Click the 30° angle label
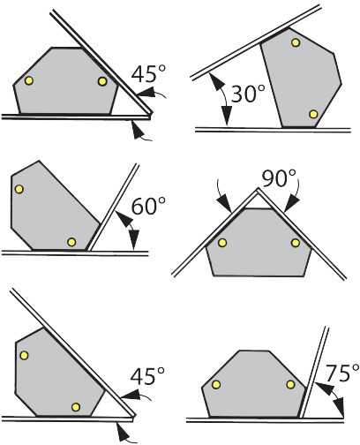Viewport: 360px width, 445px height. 248,94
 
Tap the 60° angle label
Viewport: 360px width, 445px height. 148,206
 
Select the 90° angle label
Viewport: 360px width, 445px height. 279,178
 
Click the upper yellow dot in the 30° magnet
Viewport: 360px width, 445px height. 296,42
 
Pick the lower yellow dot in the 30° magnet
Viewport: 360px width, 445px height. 314,114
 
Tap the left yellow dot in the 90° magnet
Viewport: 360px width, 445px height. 222,243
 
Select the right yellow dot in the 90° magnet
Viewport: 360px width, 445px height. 296,243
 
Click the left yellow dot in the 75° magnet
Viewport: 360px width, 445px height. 216,384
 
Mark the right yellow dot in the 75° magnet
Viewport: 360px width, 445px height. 290,384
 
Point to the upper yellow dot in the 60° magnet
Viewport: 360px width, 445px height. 19,189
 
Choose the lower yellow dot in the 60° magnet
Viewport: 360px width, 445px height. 71,242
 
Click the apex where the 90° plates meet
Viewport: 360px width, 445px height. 258,189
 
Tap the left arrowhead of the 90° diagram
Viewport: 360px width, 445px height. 225,204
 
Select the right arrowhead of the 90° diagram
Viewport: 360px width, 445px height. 291,204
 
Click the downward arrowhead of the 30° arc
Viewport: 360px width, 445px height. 227,116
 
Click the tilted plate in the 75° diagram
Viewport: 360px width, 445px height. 314,372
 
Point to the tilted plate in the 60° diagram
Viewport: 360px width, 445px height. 113,207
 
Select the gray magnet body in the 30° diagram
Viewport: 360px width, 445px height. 301,78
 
